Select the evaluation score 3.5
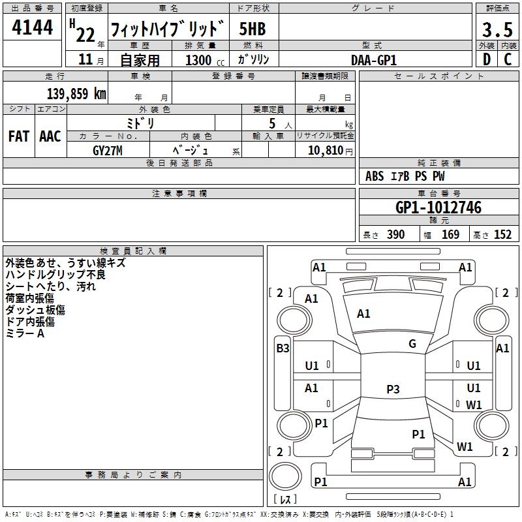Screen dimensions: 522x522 point(496,29)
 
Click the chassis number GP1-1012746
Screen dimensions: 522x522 point(438,208)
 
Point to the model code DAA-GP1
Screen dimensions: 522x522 point(374,59)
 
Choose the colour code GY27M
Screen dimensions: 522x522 point(108,151)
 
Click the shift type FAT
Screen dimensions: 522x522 point(19,136)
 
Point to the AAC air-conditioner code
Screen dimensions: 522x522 point(50,136)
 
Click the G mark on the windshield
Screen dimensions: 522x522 point(412,344)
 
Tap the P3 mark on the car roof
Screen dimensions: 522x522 point(393,390)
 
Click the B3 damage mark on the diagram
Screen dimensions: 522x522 point(283,348)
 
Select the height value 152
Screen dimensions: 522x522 point(502,235)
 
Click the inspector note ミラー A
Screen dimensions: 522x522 point(25,333)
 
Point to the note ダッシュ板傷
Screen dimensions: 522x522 point(35,310)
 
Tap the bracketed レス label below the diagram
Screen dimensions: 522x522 point(285,500)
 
